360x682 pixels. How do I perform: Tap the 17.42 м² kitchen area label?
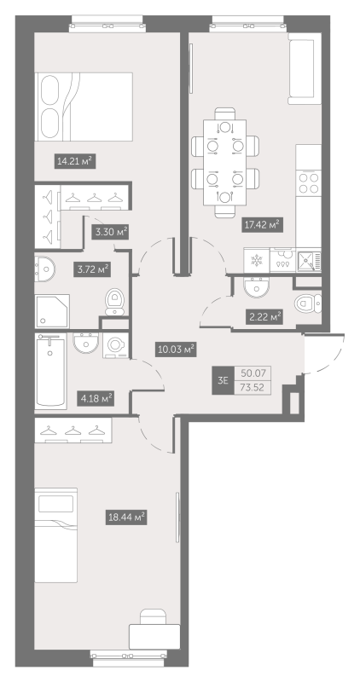tap(261, 224)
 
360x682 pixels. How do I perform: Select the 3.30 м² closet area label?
tap(110, 231)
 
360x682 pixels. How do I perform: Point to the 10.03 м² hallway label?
tap(176, 348)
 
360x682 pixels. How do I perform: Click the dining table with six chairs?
tap(225, 159)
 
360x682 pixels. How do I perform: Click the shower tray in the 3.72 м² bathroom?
tap(52, 311)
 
